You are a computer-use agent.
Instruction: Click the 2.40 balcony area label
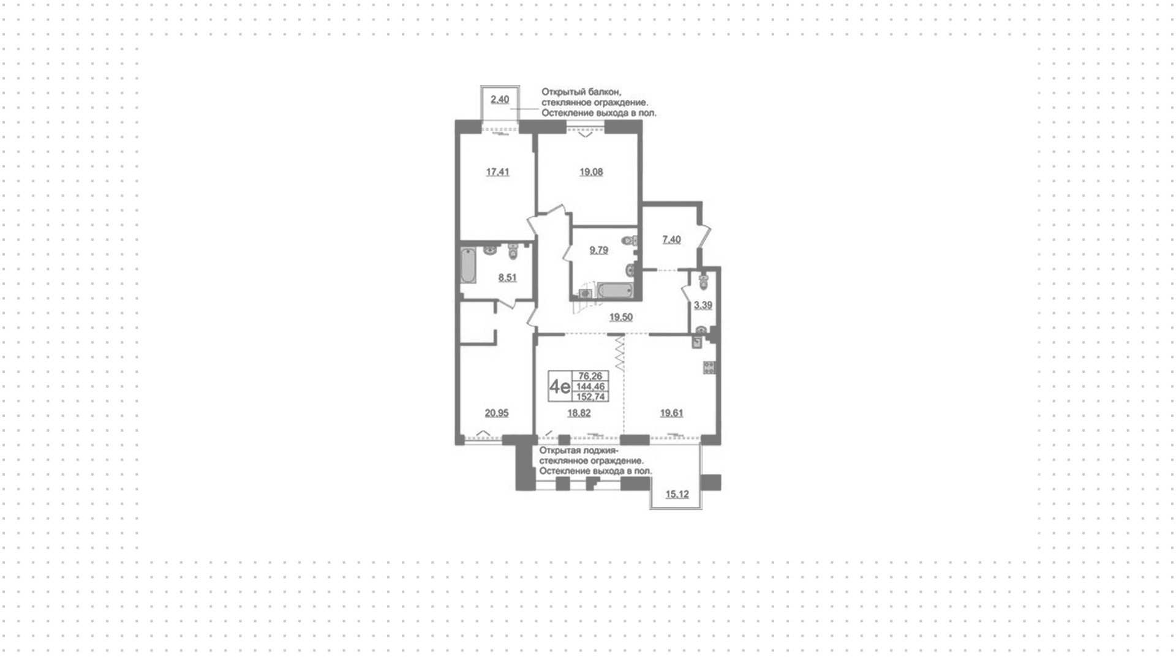(500, 99)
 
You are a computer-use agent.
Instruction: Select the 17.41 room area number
(497, 172)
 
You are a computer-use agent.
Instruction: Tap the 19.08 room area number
(591, 172)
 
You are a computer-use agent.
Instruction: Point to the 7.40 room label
(671, 239)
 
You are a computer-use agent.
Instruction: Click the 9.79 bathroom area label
(598, 250)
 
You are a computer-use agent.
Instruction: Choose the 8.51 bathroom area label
(507, 277)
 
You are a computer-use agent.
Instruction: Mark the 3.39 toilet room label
(703, 305)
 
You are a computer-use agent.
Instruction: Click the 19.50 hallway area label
(620, 317)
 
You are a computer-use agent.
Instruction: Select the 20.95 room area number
(497, 413)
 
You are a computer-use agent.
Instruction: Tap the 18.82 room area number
(579, 413)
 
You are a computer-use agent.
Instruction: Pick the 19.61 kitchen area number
(671, 413)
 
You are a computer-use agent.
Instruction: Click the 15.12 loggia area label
(677, 494)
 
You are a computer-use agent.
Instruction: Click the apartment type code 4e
(560, 386)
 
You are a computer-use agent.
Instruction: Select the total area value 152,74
(591, 397)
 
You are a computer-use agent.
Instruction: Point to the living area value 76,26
(590, 376)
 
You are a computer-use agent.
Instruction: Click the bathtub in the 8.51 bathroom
(469, 265)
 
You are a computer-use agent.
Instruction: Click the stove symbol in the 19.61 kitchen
(709, 367)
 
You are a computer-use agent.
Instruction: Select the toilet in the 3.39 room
(703, 281)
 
